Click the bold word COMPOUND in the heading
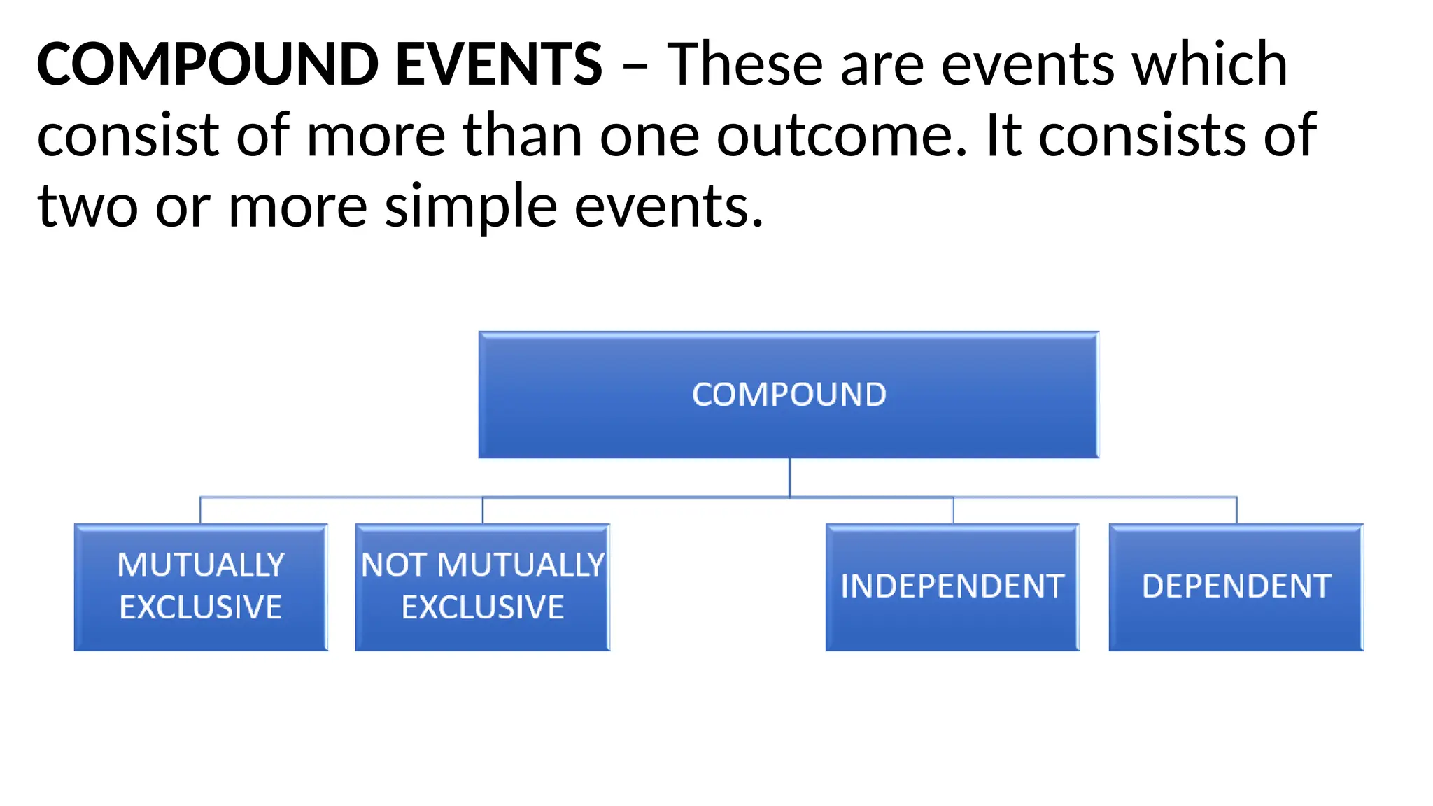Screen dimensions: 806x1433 207,64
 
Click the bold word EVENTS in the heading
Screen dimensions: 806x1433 498,64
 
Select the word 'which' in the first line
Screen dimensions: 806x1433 1210,64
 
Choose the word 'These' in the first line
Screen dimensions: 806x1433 744,64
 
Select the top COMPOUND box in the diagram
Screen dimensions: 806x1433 789,395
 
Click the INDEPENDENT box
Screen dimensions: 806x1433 952,586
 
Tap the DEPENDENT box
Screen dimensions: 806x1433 1236,586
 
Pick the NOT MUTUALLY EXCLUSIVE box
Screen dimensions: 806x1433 483,586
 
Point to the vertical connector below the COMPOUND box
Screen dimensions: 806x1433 789,477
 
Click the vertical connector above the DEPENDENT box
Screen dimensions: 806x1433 1236,510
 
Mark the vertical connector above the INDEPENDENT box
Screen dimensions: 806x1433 953,510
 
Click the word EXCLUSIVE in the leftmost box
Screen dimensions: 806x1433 201,607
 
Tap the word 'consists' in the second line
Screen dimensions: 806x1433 1142,136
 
